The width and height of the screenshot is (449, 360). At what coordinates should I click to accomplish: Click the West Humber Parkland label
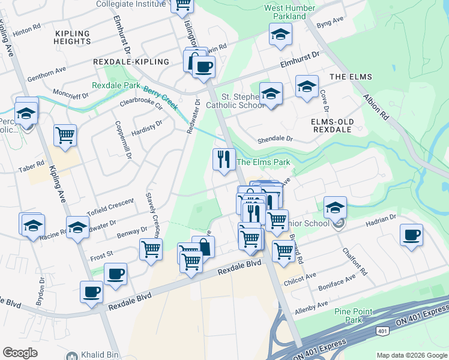tap(285, 12)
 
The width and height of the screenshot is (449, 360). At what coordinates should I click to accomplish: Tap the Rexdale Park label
tap(115, 86)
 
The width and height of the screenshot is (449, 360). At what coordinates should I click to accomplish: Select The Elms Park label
tap(264, 162)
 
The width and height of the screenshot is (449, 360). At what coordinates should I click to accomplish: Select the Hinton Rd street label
tap(27, 28)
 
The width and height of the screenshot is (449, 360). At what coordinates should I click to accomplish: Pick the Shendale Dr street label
tap(274, 139)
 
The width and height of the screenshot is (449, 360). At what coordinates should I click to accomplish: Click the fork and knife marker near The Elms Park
tap(223, 160)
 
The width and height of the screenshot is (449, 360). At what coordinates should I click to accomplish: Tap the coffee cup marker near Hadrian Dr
tap(411, 235)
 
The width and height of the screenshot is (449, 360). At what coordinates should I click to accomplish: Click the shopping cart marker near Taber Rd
tap(65, 135)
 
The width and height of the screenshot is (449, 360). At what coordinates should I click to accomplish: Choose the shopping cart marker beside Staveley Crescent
tap(151, 249)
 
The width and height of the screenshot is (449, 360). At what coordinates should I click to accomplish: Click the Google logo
tap(20, 352)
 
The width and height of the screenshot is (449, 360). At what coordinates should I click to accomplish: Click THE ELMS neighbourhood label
tap(351, 77)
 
